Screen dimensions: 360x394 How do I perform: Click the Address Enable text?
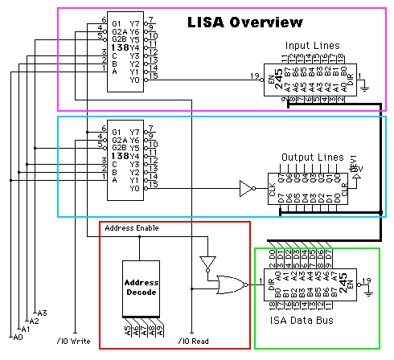[132, 228]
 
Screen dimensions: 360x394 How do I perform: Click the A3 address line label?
[43, 313]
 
